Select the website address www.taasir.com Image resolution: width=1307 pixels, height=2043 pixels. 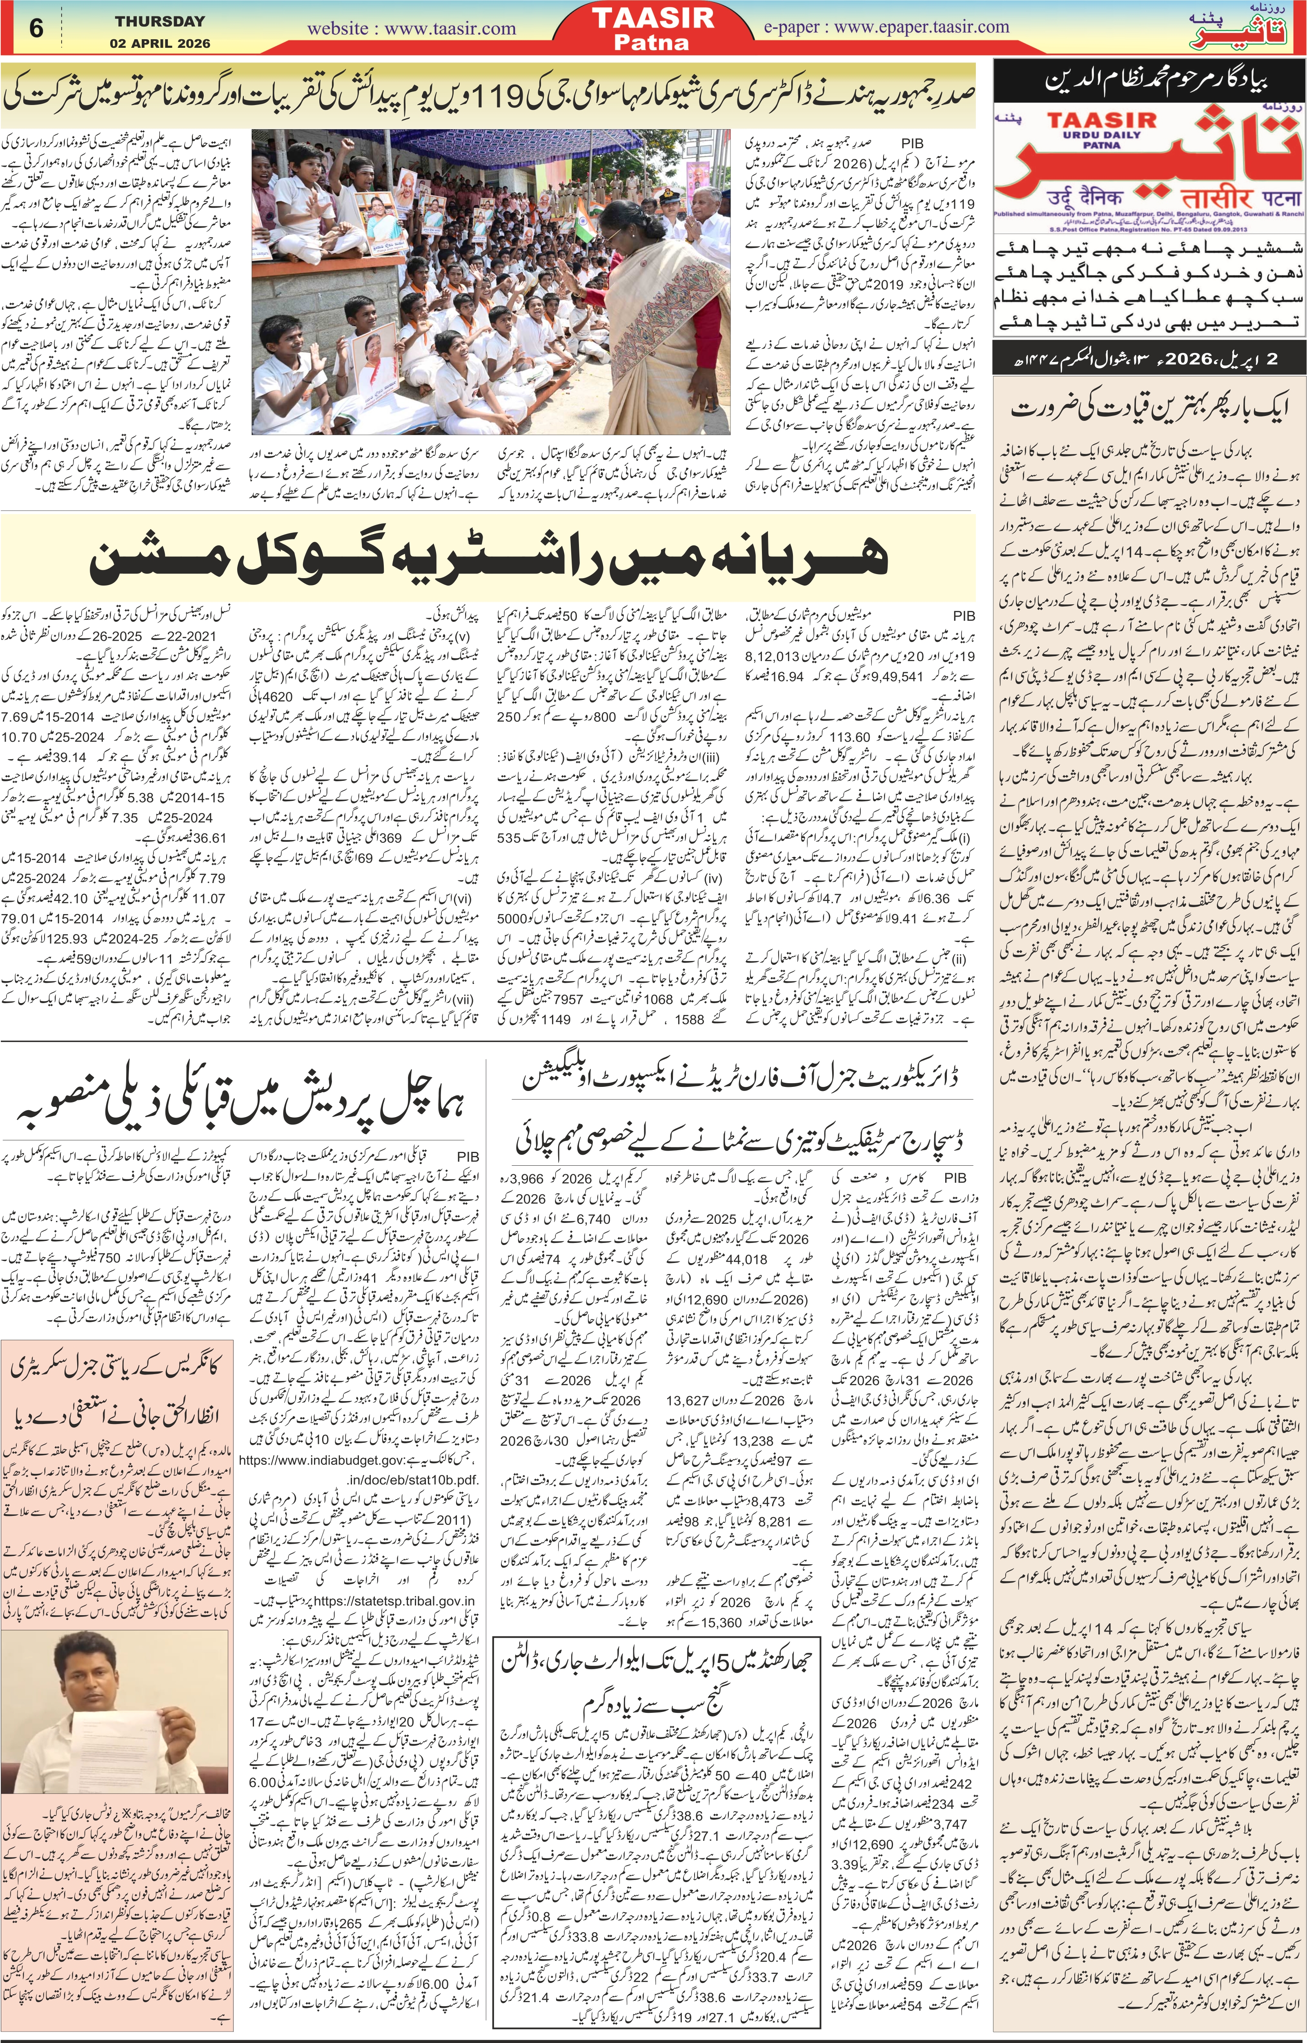(x=412, y=28)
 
